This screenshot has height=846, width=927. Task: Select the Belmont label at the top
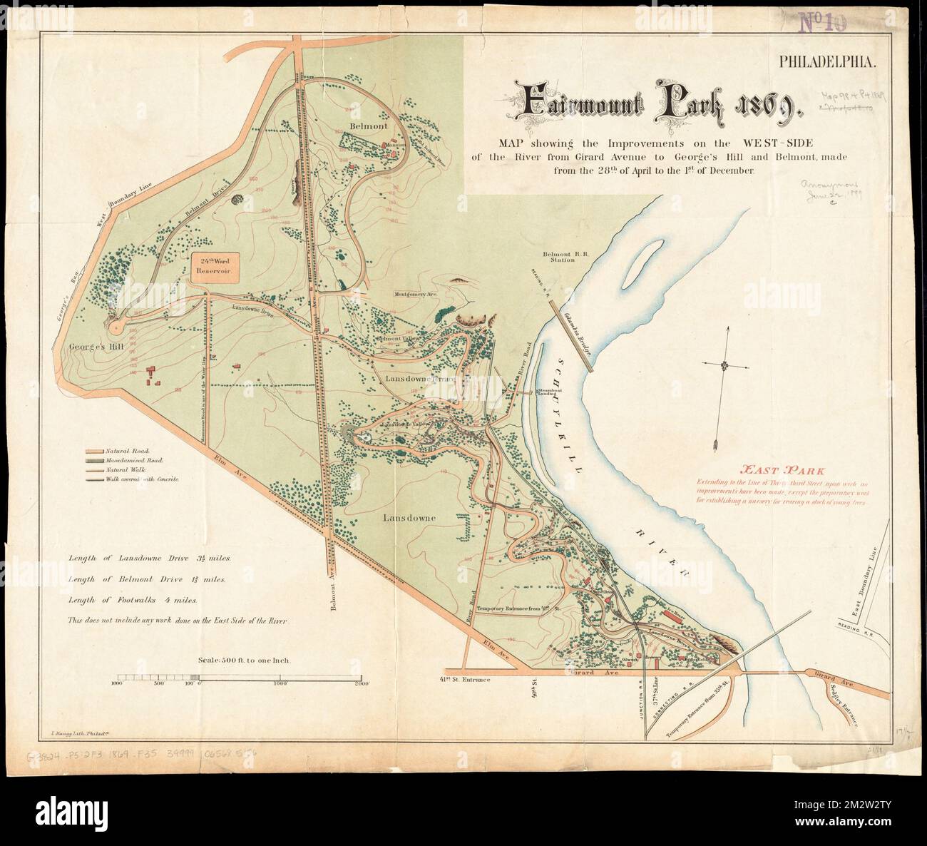pos(369,126)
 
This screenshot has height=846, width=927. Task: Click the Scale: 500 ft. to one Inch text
pos(242,661)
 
